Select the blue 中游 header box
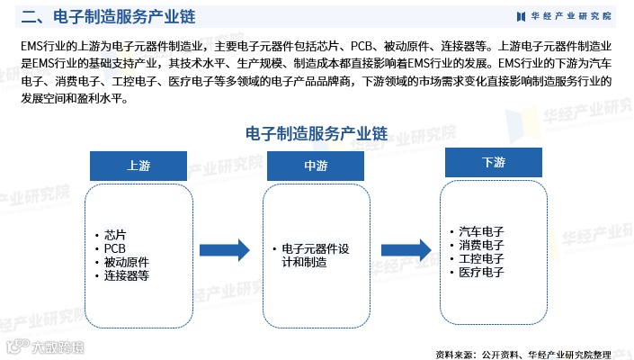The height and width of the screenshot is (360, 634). coord(315,166)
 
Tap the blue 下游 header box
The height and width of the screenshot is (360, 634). coord(494,163)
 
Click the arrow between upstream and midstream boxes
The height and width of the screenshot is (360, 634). coord(223,249)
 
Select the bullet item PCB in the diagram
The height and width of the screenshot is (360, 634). coord(116,248)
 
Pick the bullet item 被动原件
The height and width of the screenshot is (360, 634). coord(126,262)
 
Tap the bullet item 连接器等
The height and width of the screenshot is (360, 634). coord(126,275)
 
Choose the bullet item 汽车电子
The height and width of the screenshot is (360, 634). coord(481,231)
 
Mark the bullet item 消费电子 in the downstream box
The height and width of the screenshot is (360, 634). coord(481,245)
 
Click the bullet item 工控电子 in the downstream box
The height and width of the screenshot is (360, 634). coord(481,258)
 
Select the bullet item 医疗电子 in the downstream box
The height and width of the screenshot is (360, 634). coord(481,272)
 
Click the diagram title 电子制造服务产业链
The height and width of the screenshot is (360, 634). coord(316,133)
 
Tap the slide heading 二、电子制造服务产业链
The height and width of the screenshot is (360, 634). coord(108,16)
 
